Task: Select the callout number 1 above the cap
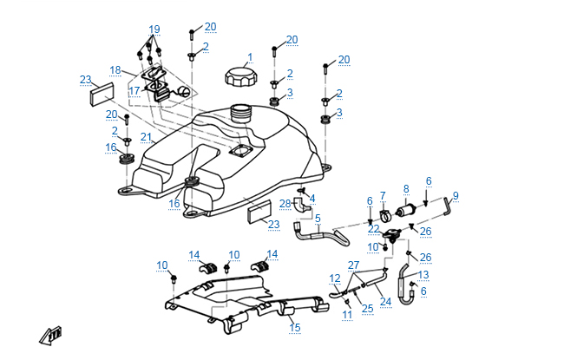[249, 57]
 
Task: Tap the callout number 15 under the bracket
[294, 328]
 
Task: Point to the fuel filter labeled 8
[406, 212]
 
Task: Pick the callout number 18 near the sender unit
[115, 69]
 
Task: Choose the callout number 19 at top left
[154, 29]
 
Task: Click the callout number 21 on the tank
[147, 137]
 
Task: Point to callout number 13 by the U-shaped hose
[423, 274]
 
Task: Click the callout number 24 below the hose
[386, 302]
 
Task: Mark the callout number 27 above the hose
[353, 265]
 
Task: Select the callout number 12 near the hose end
[335, 278]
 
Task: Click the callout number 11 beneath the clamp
[346, 315]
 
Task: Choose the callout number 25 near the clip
[367, 308]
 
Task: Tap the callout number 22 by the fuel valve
[373, 229]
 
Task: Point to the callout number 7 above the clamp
[383, 195]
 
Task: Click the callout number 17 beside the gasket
[134, 90]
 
